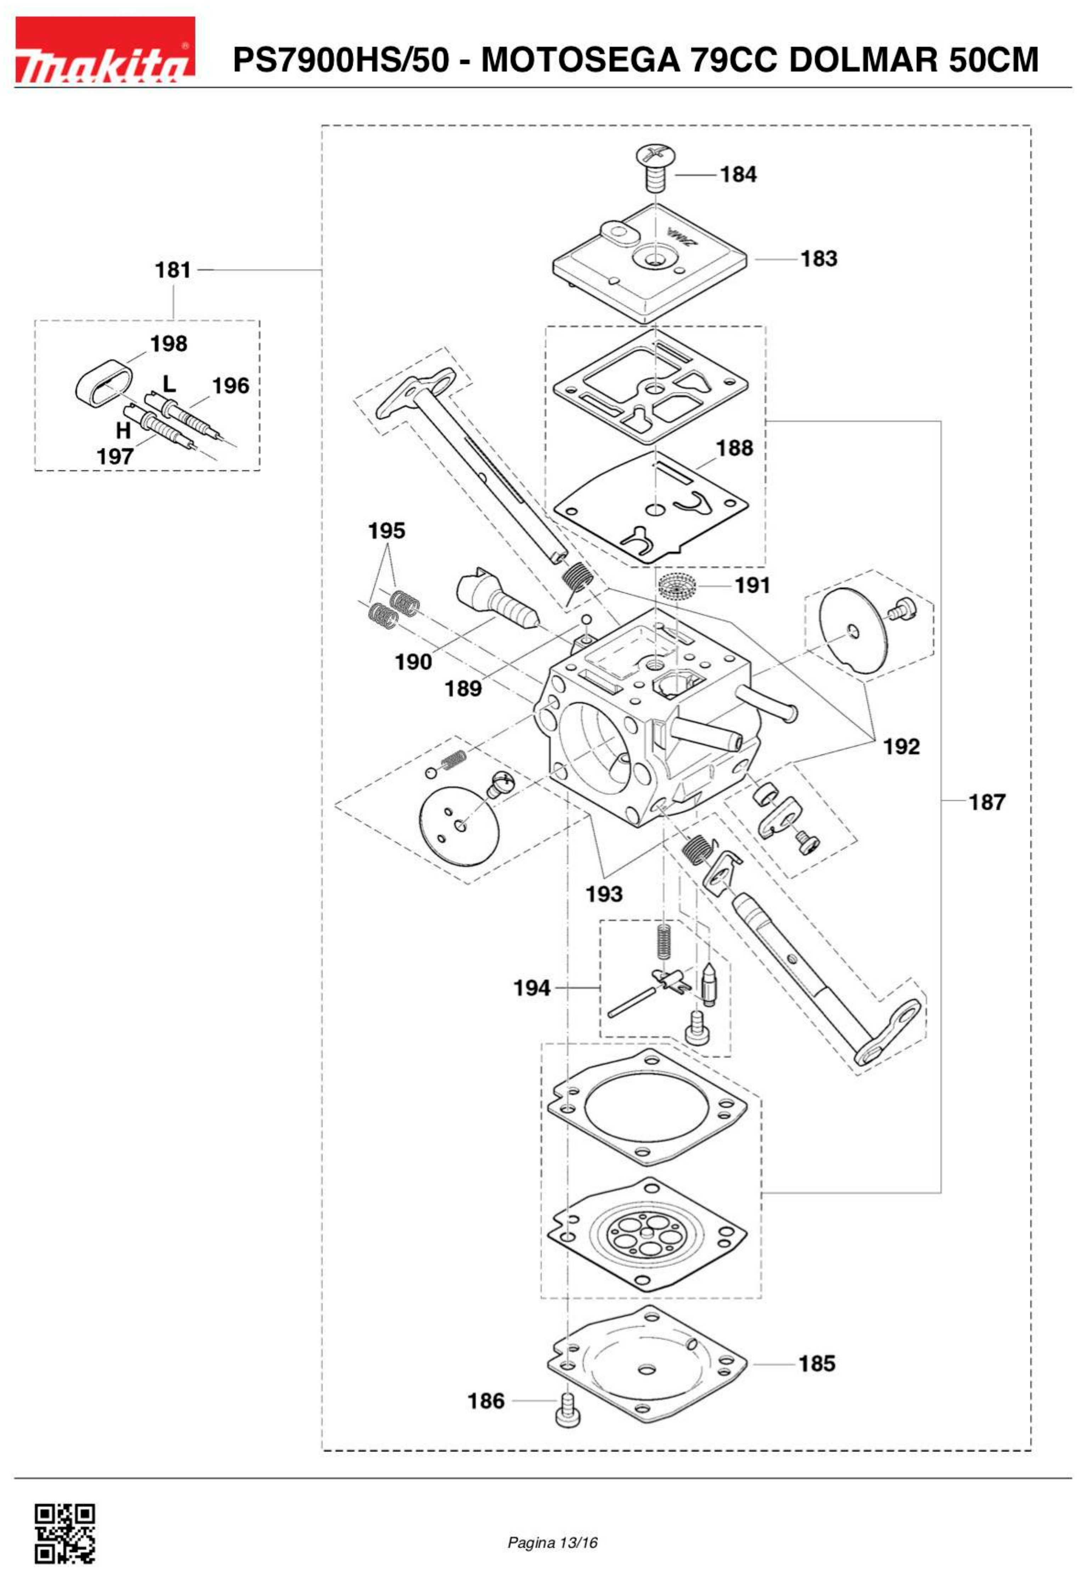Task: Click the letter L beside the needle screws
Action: tap(169, 384)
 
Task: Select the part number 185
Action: tap(817, 1363)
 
